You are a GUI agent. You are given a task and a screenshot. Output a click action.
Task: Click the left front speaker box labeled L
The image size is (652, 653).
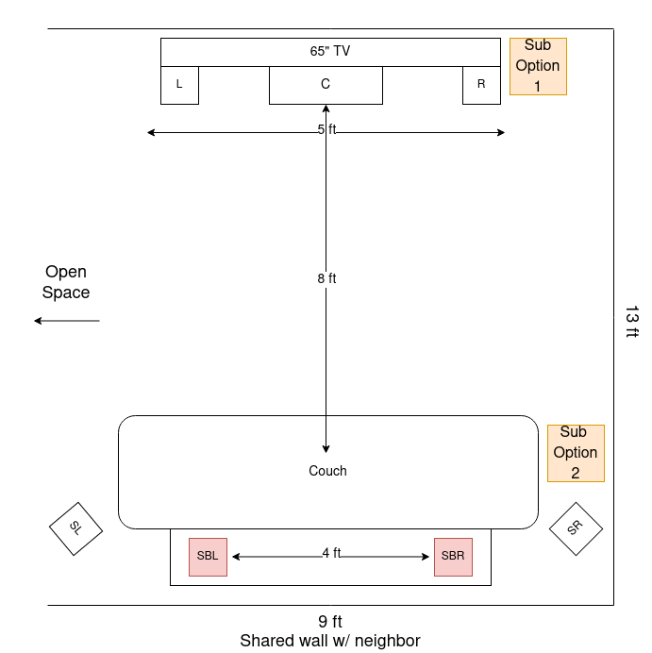[179, 85]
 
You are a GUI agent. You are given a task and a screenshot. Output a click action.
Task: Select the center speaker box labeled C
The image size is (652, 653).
[326, 85]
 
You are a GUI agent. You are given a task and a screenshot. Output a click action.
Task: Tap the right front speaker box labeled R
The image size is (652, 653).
[481, 85]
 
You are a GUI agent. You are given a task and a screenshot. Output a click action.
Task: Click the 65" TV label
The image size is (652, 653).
[330, 52]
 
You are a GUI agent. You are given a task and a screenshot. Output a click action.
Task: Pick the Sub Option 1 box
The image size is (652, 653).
[538, 66]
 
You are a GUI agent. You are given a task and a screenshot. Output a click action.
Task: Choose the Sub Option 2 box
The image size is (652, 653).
[576, 453]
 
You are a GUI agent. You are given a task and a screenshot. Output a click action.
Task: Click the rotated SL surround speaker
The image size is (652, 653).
[75, 528]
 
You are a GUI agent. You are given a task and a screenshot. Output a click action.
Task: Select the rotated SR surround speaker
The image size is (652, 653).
[576, 528]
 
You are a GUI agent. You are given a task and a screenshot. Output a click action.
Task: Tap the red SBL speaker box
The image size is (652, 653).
[208, 557]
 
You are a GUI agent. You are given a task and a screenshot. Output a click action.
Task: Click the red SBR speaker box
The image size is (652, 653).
[453, 557]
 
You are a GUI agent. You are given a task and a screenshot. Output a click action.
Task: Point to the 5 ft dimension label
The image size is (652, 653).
[326, 129]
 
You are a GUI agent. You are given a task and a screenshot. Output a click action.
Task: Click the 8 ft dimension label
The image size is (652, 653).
[326, 278]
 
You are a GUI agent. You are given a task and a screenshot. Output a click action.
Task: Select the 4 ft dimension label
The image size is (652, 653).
[331, 553]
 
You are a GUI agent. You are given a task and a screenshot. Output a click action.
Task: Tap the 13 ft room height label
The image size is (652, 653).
[631, 322]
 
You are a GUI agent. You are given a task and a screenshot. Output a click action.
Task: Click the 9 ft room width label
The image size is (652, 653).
[330, 622]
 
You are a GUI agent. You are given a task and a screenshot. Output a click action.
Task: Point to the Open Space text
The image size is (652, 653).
[66, 282]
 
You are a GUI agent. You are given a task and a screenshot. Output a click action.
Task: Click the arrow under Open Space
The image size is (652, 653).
[66, 321]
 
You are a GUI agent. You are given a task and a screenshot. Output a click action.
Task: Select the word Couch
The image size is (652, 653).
[327, 471]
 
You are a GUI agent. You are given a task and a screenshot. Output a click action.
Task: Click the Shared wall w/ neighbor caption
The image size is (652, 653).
[330, 641]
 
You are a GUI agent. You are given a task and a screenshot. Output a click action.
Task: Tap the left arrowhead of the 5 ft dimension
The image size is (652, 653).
[151, 132]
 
